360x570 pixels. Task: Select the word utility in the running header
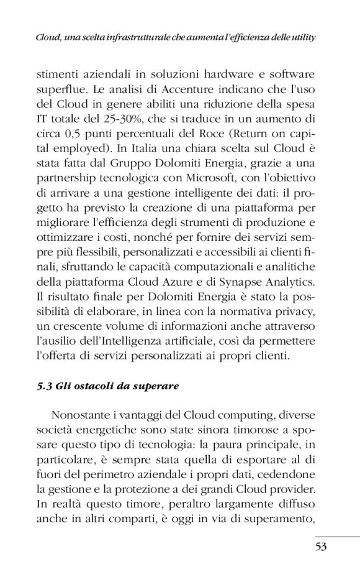[x=299, y=37]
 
